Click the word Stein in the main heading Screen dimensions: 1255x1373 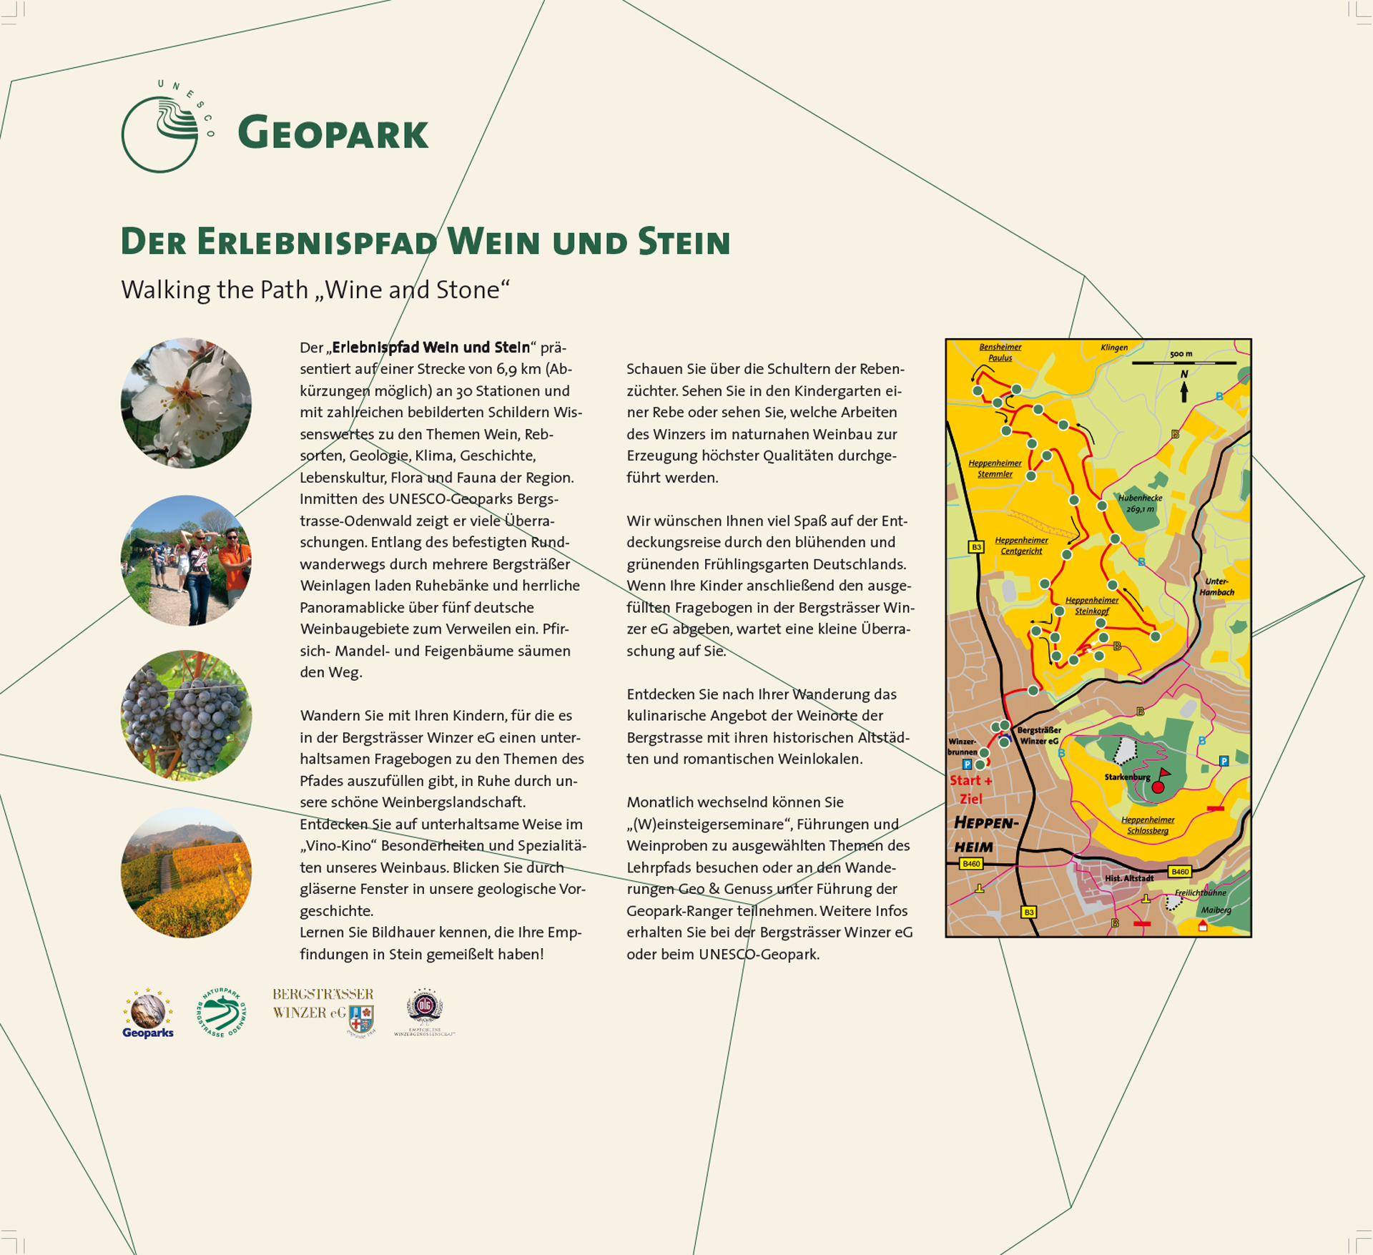[x=684, y=242]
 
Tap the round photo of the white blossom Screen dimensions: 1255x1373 [x=186, y=403]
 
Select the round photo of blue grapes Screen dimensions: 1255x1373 [x=186, y=715]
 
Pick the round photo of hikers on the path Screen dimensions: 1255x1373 [x=186, y=561]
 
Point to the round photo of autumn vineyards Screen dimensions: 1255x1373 [x=186, y=872]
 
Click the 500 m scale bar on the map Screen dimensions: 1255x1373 [x=1183, y=363]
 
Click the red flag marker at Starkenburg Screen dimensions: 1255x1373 [x=1161, y=775]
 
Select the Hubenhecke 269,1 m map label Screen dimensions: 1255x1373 [x=1140, y=503]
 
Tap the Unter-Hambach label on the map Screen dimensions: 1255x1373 [x=1216, y=586]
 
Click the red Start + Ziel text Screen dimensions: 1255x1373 [x=970, y=789]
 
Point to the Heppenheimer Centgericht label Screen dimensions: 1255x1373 [x=1021, y=546]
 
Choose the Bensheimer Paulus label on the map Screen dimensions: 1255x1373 [x=1000, y=353]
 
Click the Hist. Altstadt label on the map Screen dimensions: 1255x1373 [x=1129, y=878]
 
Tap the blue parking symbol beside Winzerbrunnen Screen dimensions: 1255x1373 [x=968, y=764]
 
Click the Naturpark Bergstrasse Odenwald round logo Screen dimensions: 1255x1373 [x=221, y=1013]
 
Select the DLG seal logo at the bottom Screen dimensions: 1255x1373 [x=425, y=1008]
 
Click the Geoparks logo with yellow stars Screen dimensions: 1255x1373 [x=148, y=1014]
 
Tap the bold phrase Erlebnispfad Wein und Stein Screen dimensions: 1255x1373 [x=430, y=348]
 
